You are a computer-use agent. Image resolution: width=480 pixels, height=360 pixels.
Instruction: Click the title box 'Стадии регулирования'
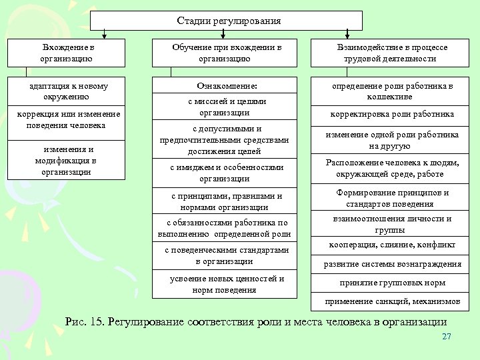[229, 21]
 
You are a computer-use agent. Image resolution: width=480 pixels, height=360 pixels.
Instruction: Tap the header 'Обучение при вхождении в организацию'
[225, 53]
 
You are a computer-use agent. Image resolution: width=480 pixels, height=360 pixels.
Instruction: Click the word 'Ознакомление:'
[225, 86]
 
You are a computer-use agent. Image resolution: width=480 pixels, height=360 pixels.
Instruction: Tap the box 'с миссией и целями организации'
[225, 107]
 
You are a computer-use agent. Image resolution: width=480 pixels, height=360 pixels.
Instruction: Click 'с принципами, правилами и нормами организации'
[225, 201]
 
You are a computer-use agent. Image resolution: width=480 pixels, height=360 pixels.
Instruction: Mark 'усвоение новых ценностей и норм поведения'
[225, 284]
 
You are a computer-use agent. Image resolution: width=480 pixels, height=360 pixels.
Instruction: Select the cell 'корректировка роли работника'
[393, 114]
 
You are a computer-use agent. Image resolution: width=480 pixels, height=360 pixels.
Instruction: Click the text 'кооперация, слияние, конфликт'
[393, 244]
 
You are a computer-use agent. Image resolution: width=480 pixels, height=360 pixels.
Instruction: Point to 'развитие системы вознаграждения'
[393, 264]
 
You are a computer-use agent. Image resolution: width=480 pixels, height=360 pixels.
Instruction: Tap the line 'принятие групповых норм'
[393, 283]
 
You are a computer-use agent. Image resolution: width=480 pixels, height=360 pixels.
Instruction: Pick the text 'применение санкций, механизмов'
[393, 301]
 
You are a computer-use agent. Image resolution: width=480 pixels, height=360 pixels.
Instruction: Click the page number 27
[447, 337]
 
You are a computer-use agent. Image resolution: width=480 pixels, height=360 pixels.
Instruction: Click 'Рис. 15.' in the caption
[85, 321]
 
